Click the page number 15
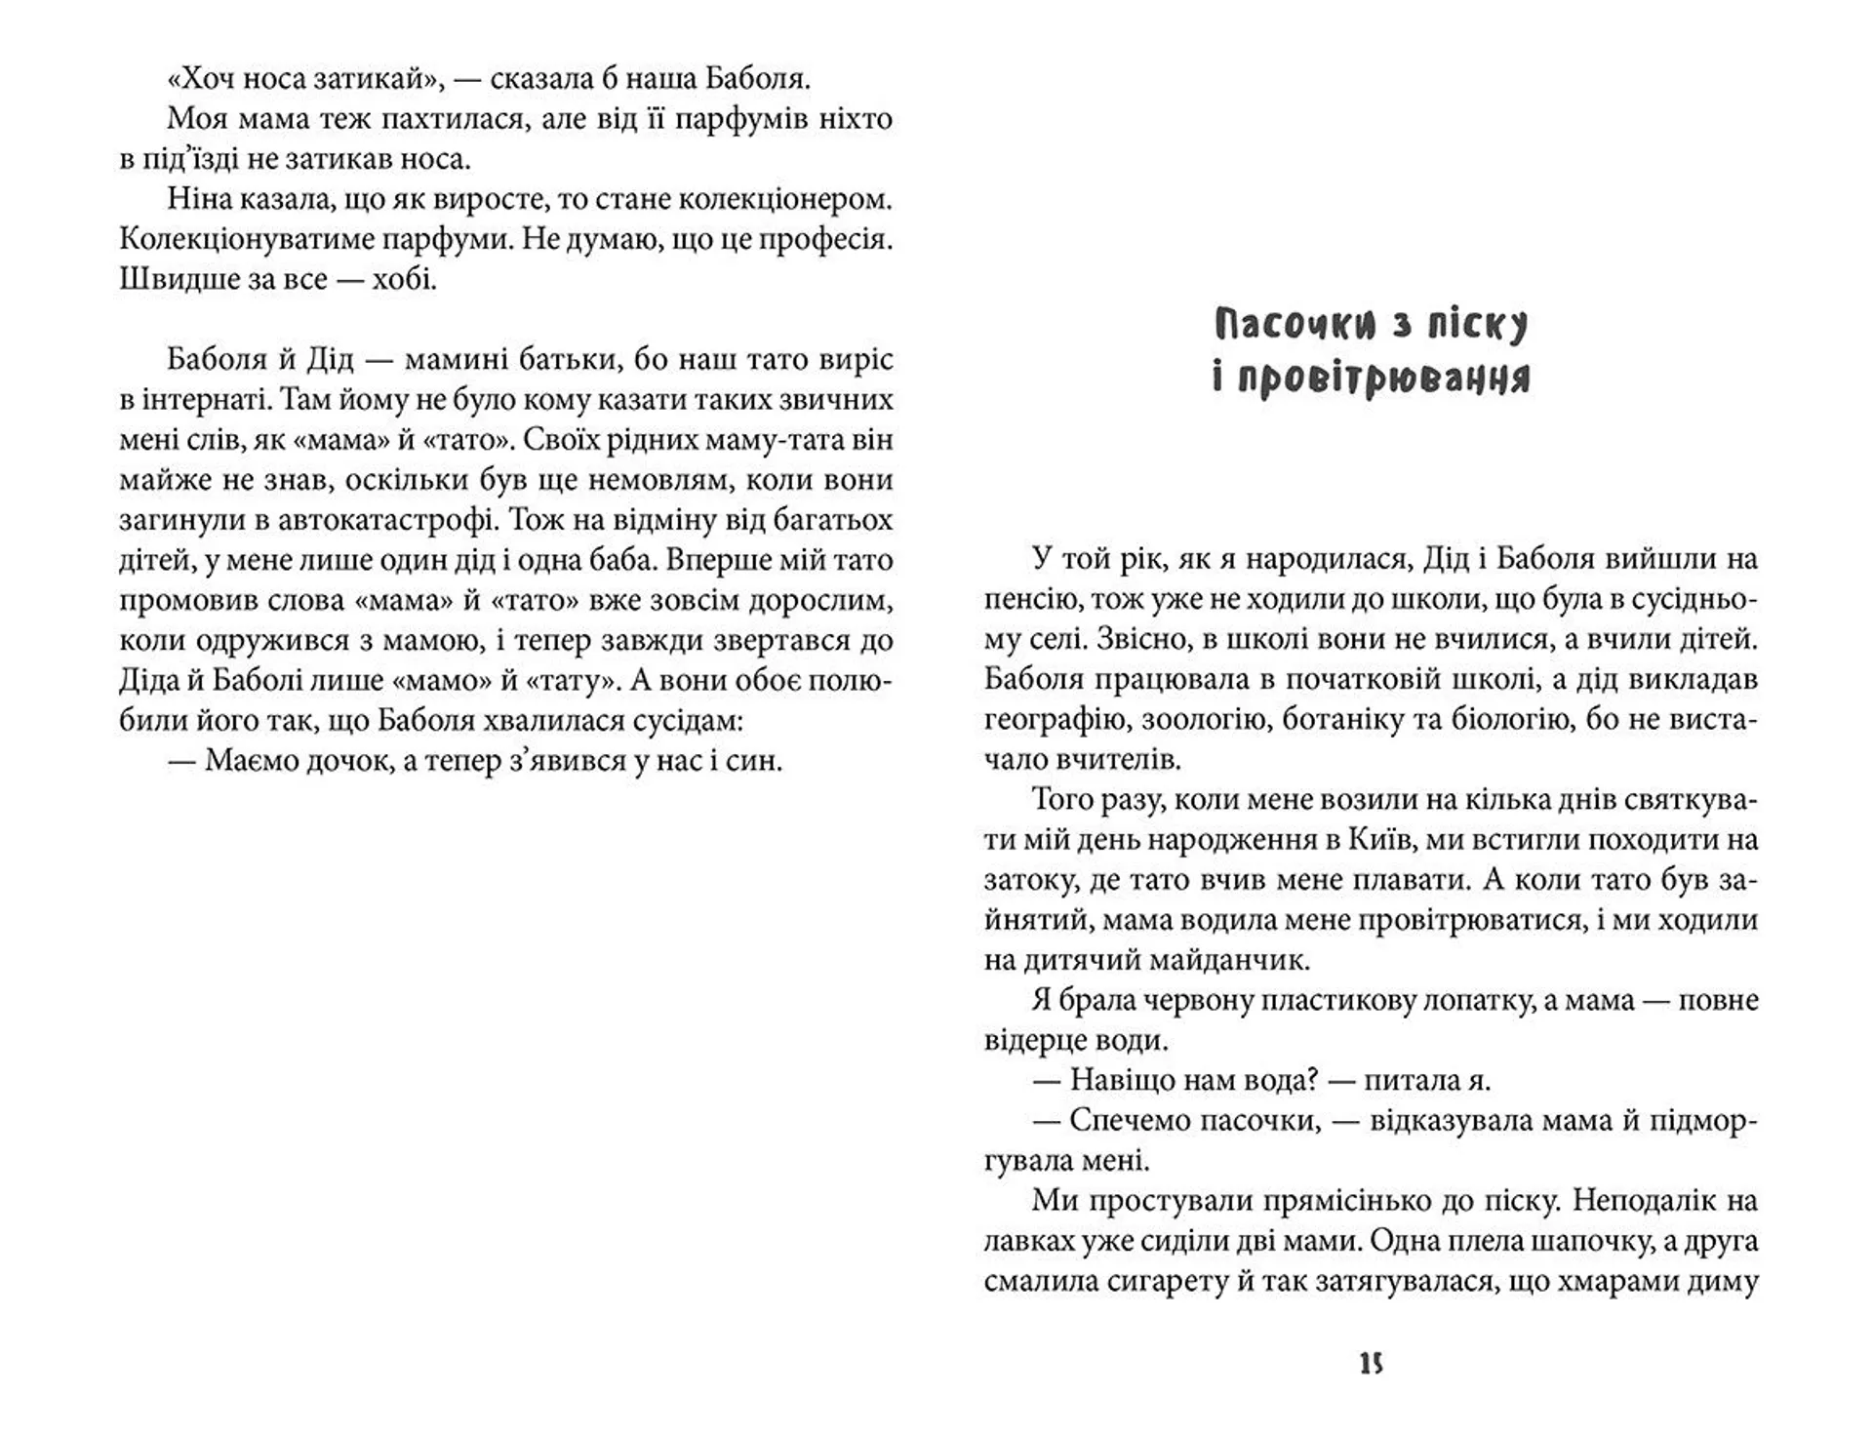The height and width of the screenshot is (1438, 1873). tap(1371, 1364)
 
